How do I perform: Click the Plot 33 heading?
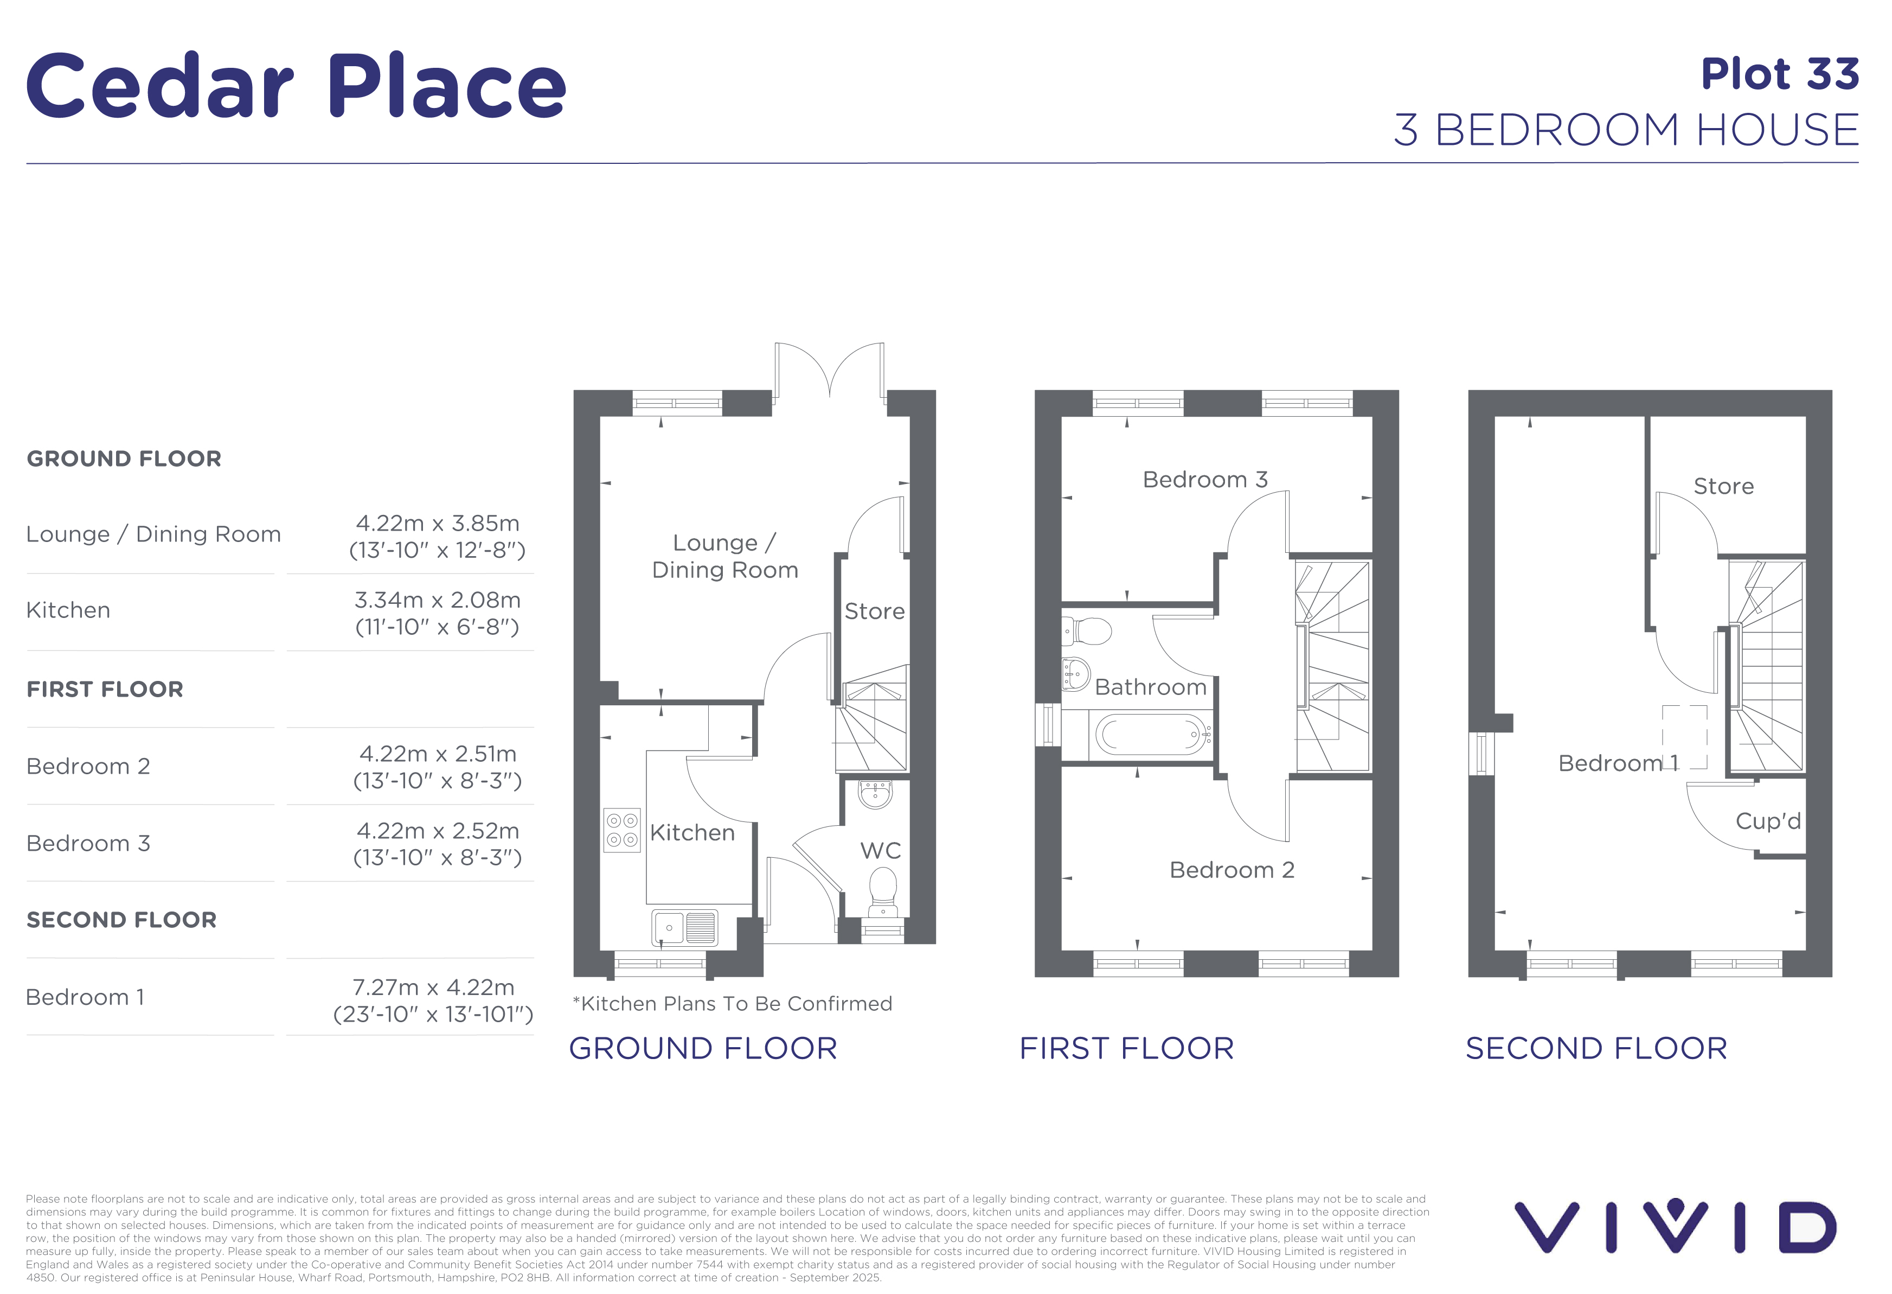tap(1780, 74)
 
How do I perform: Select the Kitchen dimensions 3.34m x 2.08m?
tap(437, 600)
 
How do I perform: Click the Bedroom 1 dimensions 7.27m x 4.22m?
tap(433, 987)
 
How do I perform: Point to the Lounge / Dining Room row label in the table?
tap(153, 534)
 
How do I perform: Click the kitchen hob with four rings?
tap(622, 830)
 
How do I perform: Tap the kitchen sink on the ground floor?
tap(685, 928)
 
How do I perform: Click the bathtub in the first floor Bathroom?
tap(1151, 735)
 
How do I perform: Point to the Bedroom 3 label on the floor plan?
tap(1205, 480)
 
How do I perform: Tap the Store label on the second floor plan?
tap(1723, 486)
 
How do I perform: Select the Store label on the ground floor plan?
tap(874, 611)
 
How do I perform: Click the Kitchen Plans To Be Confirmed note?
tap(733, 1003)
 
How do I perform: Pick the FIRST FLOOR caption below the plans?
tap(1127, 1049)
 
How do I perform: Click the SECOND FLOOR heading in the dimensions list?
tap(121, 920)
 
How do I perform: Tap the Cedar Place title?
tap(296, 86)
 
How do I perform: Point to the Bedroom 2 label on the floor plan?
tap(1232, 870)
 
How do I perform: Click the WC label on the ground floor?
tap(881, 851)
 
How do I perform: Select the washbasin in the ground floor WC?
tap(876, 793)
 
